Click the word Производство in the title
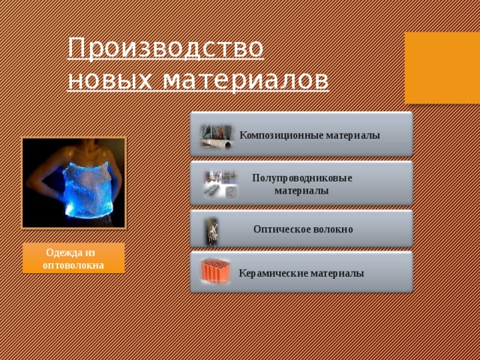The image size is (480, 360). [166, 48]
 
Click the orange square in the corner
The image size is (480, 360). [442, 68]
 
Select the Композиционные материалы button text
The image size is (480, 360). [309, 135]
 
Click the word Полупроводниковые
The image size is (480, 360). [301, 178]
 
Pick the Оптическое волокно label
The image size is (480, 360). [303, 229]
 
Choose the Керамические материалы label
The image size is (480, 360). [301, 273]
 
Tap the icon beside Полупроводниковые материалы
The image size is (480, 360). [220, 184]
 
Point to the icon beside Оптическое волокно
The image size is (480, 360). [212, 230]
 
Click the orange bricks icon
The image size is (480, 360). [215, 272]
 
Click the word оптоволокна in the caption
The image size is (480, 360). [73, 265]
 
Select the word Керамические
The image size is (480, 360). [273, 273]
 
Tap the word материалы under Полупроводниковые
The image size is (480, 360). [301, 191]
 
